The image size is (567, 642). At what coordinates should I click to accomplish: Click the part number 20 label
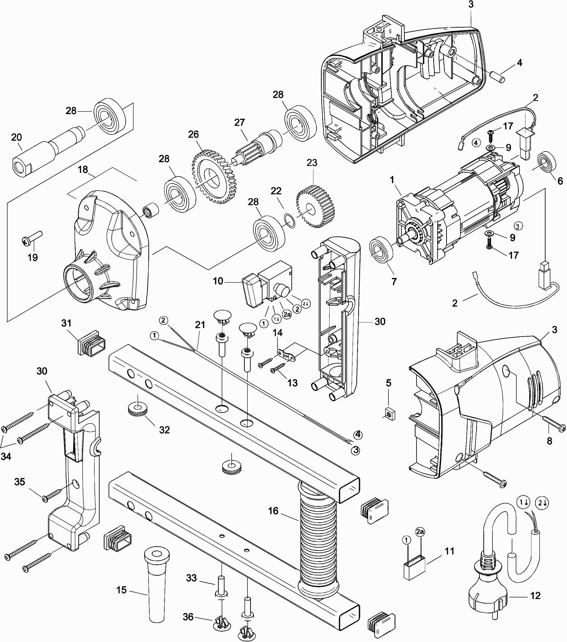[16, 137]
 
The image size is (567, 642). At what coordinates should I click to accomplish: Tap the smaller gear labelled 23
[316, 207]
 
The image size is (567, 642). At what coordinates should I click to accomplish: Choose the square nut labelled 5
[390, 415]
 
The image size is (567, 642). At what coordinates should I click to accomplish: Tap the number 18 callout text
[83, 170]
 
